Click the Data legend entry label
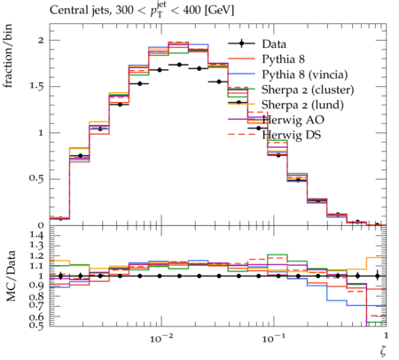coord(274,44)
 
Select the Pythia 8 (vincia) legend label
coord(305,74)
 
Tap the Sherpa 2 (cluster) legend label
coord(308,90)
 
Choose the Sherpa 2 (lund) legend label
coord(302,105)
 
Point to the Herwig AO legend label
coord(293,120)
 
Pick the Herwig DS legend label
coord(292,135)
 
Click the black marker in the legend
coord(241,43)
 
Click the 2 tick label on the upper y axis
coord(41,40)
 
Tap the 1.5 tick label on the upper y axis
coord(36,87)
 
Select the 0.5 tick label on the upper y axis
coord(36,179)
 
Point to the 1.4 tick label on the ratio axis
coord(36,235)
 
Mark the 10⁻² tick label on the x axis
coord(161,338)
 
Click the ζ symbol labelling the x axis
coord(383,351)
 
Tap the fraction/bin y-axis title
coord(8,56)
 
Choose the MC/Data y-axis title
coord(11,276)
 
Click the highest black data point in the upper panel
coord(179,65)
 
